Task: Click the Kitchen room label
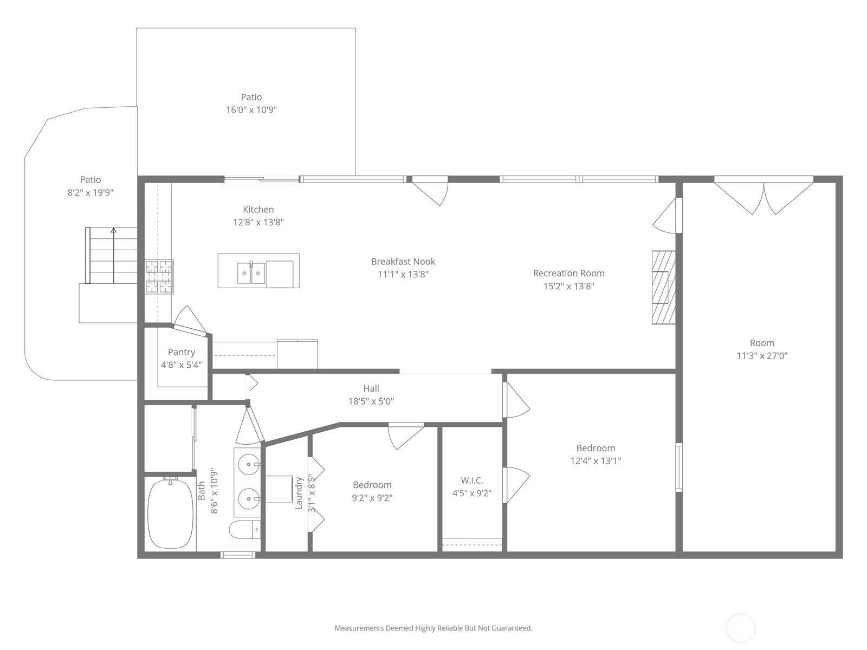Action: point(258,210)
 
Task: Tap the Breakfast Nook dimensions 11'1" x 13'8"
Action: point(403,275)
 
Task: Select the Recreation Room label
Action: point(568,274)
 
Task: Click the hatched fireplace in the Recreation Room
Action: point(663,287)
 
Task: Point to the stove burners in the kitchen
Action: point(159,277)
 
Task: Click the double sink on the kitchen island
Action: point(251,273)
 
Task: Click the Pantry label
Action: point(181,352)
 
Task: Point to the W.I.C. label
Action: point(471,480)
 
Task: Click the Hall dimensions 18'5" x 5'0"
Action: point(371,401)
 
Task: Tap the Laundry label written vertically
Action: point(299,493)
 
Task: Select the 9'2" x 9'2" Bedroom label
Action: point(372,491)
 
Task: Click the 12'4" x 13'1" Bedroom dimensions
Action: point(595,461)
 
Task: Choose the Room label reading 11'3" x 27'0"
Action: point(761,349)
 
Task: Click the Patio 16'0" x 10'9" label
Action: point(251,103)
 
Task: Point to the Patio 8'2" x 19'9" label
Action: point(90,186)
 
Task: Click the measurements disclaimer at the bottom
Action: point(433,628)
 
